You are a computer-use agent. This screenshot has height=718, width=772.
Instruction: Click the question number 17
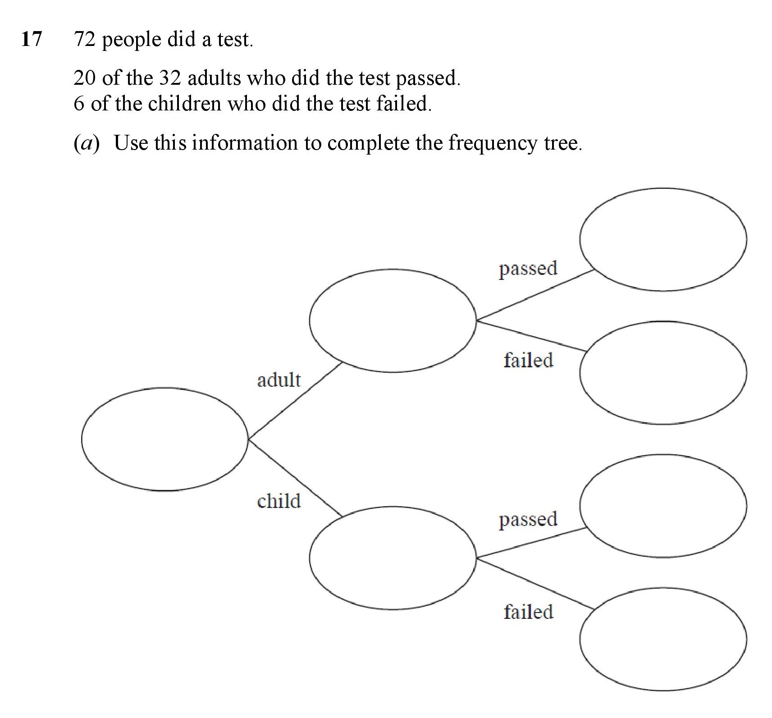click(x=31, y=39)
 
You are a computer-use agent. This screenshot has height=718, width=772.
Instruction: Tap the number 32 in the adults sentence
click(x=170, y=78)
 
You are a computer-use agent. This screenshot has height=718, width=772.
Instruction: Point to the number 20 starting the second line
click(x=84, y=78)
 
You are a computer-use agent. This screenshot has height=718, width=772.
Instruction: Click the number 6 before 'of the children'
click(x=79, y=104)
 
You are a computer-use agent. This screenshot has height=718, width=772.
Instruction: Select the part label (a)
click(x=86, y=143)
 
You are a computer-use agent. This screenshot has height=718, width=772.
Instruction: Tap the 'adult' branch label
click(x=279, y=380)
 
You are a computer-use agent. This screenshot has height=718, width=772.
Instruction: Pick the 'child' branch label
click(x=279, y=501)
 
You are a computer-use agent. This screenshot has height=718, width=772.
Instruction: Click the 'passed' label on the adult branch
click(x=528, y=269)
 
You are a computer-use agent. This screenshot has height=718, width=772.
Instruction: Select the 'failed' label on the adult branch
click(x=528, y=360)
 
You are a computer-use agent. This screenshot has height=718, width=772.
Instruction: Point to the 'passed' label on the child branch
click(x=528, y=520)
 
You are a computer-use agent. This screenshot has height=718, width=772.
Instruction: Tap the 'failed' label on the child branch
click(x=528, y=612)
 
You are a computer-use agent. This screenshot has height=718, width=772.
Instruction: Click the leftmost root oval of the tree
click(x=82, y=439)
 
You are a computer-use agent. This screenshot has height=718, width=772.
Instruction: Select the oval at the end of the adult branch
click(x=310, y=320)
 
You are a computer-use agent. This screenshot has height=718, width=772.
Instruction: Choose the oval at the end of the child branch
click(x=310, y=558)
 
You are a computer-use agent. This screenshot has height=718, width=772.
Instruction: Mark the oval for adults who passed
click(x=580, y=240)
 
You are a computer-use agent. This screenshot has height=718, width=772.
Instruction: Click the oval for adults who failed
click(x=580, y=373)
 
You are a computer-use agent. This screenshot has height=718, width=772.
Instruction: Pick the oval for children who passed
click(x=580, y=506)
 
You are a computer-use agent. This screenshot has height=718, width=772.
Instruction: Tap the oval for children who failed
click(x=580, y=639)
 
